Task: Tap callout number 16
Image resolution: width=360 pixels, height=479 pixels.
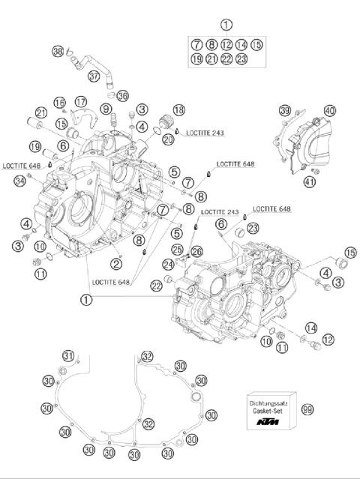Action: [58, 102]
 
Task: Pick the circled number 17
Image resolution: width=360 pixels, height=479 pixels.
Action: [80, 101]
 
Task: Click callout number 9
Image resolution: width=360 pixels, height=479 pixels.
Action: [108, 109]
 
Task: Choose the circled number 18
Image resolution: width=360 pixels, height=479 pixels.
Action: [178, 110]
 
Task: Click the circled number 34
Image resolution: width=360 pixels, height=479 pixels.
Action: [20, 179]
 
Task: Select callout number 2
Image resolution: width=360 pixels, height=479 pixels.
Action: [116, 262]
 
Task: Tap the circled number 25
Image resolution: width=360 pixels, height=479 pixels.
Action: [177, 249]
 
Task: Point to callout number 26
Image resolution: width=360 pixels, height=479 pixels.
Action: [197, 250]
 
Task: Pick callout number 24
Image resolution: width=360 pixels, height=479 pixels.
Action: [169, 264]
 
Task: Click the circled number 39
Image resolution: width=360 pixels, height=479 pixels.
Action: [284, 111]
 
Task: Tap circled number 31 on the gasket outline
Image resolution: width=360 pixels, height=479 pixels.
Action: [67, 355]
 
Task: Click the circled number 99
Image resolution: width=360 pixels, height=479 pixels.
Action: [307, 409]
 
